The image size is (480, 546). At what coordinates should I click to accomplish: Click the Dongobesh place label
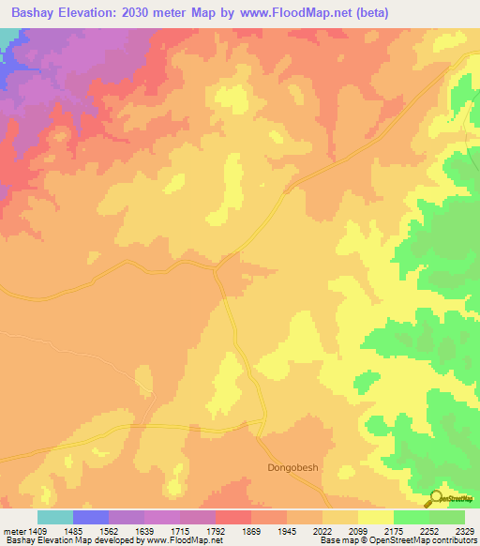294,464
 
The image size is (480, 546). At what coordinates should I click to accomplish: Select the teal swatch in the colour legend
55,517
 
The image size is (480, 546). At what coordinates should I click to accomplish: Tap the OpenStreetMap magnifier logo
435,497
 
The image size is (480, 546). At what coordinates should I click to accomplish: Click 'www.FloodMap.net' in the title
289,13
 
